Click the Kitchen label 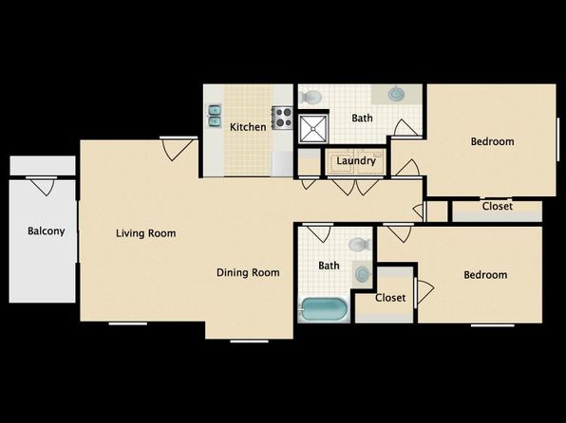248,127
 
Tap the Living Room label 146,233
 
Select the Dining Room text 248,272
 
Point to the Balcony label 47,231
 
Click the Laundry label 356,161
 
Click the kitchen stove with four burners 282,118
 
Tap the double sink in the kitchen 215,116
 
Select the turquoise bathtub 324,309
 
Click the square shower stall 313,128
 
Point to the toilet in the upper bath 311,97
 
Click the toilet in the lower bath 360,244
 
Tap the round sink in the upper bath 396,95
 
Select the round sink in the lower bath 361,274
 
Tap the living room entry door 179,149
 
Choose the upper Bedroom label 492,141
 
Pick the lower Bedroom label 485,275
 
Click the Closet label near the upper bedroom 497,206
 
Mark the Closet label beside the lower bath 390,298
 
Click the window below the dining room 250,341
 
